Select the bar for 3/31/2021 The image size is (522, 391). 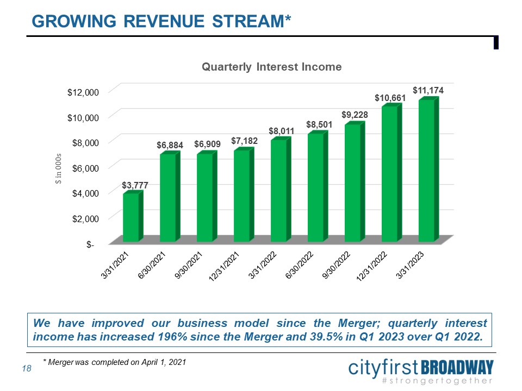tap(131, 217)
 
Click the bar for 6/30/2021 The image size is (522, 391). tap(168, 198)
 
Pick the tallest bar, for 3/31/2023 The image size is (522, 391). tap(427, 171)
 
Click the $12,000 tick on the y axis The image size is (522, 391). tap(83, 92)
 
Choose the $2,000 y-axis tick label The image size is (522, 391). tap(84, 218)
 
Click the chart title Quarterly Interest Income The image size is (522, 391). tap(271, 67)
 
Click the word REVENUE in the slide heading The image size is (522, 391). tap(174, 21)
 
